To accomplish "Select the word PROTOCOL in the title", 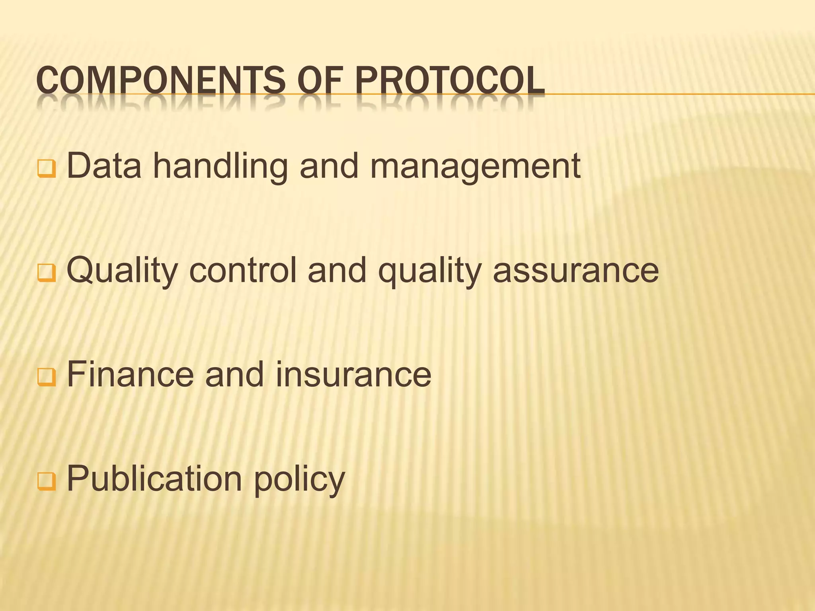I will pos(450,82).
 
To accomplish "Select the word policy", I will pos(299,480).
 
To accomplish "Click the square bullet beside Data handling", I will pos(47,169).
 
